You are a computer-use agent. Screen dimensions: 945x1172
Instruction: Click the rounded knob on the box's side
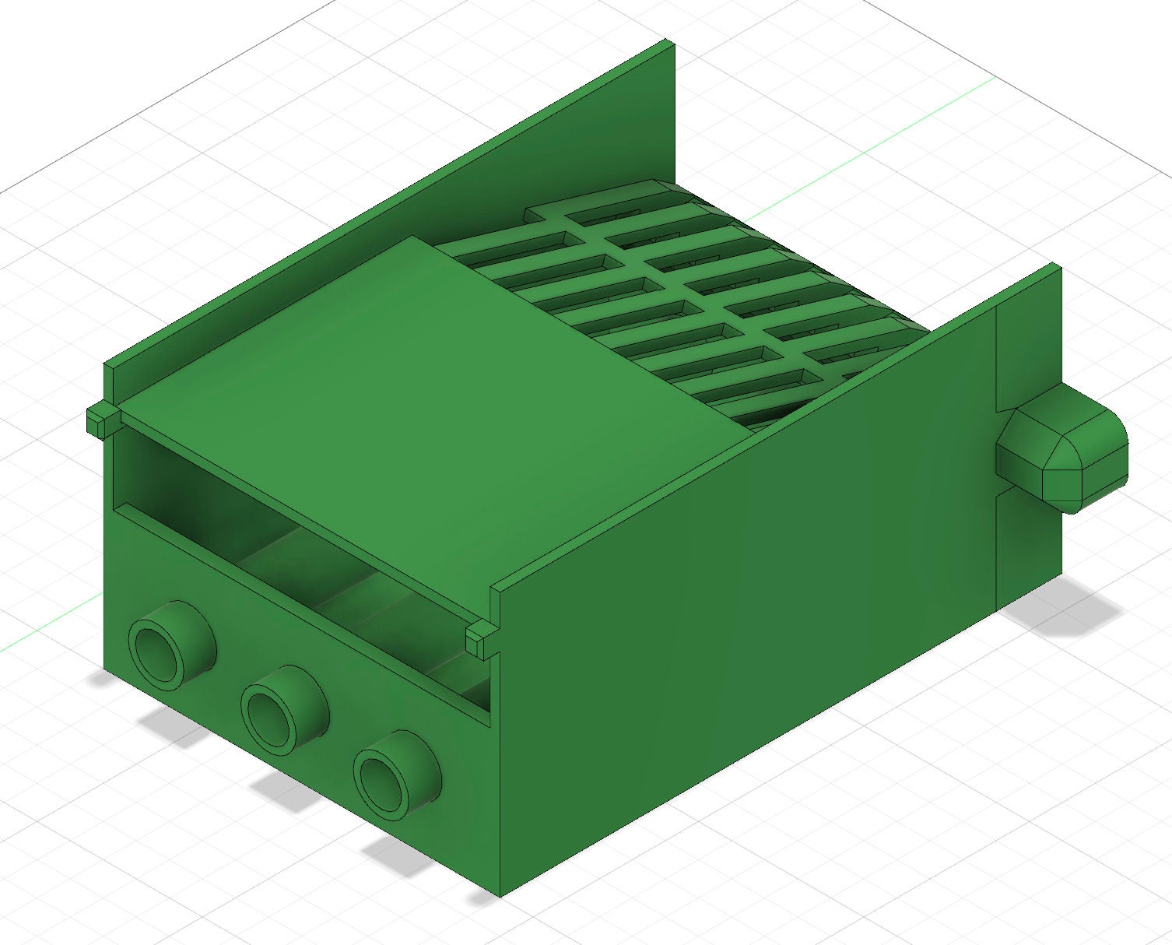[x=1066, y=452]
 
